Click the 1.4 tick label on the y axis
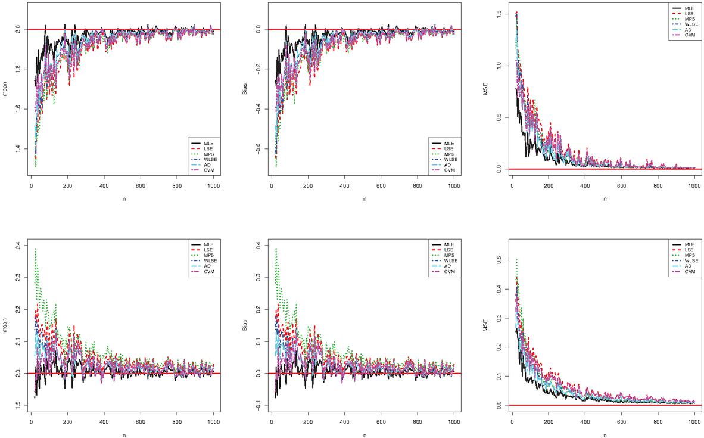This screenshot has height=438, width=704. (x=20, y=148)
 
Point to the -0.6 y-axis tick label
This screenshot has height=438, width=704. (x=260, y=148)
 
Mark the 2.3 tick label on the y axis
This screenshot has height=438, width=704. (x=20, y=278)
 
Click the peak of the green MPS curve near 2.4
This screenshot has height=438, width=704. (x=36, y=249)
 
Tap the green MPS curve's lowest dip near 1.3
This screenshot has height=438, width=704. (x=36, y=166)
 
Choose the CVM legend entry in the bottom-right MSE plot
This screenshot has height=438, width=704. (x=686, y=272)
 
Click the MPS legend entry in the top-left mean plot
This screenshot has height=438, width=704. (x=205, y=154)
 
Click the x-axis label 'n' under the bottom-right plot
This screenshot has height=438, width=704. (x=605, y=434)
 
